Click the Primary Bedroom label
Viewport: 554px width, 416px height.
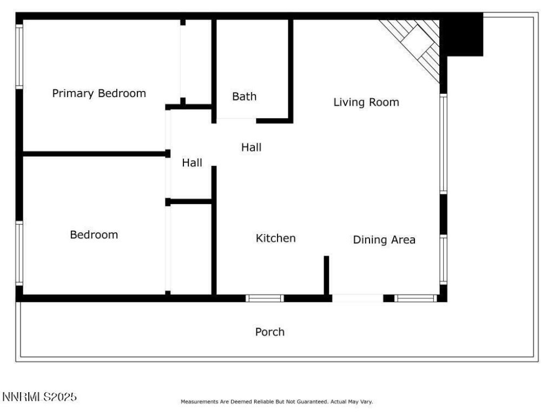pyautogui.click(x=99, y=93)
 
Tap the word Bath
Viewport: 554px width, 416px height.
pyautogui.click(x=244, y=96)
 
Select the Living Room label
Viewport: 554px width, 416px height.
pyautogui.click(x=366, y=102)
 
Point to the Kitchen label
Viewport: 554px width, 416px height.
pyautogui.click(x=275, y=238)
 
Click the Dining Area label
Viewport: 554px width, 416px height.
pyautogui.click(x=384, y=239)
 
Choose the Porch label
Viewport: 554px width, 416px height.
pyautogui.click(x=269, y=331)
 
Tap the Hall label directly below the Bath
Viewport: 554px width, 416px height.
pyautogui.click(x=251, y=147)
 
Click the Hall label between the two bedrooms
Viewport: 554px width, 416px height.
pyautogui.click(x=192, y=162)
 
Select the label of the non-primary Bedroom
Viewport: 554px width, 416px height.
pyautogui.click(x=94, y=235)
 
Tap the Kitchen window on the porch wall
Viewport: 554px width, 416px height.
pyautogui.click(x=265, y=298)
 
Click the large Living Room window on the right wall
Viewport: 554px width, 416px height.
pyautogui.click(x=444, y=144)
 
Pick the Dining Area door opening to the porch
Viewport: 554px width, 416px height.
pyautogui.click(x=357, y=298)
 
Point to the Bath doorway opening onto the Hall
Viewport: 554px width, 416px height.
pyautogui.click(x=236, y=120)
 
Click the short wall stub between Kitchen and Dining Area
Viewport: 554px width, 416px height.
pyautogui.click(x=326, y=275)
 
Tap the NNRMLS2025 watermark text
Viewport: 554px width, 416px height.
pyautogui.click(x=39, y=396)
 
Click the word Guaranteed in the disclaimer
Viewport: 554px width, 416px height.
pyautogui.click(x=314, y=402)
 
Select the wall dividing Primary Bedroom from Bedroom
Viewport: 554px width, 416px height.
pyautogui.click(x=95, y=154)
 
